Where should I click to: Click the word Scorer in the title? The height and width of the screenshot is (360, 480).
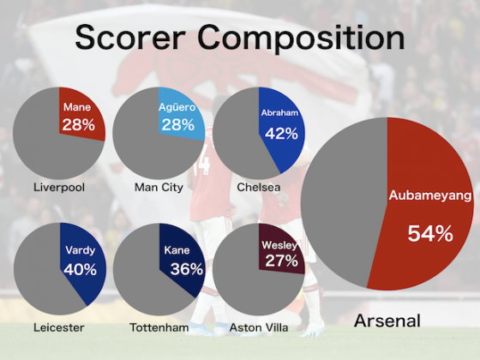click(x=130, y=38)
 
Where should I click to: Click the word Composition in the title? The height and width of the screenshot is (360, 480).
click(x=301, y=39)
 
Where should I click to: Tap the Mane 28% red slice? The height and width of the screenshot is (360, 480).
click(x=81, y=115)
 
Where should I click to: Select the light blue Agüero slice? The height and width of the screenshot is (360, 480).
click(x=180, y=115)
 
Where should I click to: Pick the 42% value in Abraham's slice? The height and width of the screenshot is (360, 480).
click(x=281, y=134)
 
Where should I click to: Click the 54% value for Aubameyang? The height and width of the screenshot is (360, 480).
click(x=430, y=233)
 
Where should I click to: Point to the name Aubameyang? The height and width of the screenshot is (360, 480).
click(x=430, y=195)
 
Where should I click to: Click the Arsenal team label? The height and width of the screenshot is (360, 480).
click(x=387, y=321)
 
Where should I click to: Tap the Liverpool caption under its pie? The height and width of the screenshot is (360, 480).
click(x=59, y=187)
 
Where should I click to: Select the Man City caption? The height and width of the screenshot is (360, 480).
click(x=159, y=187)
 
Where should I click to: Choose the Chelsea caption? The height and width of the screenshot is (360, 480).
click(x=259, y=187)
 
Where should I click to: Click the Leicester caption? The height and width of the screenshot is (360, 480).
click(x=59, y=327)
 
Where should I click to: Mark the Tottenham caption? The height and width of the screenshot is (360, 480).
click(x=159, y=327)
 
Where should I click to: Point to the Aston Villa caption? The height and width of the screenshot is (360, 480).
click(x=259, y=327)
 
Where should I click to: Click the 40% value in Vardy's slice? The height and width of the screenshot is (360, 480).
click(x=81, y=269)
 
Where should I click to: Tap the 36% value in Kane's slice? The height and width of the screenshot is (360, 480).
click(x=187, y=269)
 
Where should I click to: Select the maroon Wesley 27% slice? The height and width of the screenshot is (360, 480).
click(x=280, y=251)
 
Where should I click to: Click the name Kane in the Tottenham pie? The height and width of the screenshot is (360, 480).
click(x=177, y=250)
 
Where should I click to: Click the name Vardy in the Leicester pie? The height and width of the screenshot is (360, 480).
click(x=81, y=250)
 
